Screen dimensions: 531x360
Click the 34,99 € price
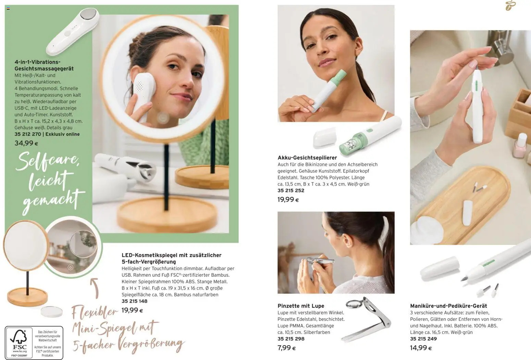tap(26, 143)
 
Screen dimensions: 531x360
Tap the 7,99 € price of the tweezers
tap(286, 348)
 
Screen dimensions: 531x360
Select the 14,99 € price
tap(421, 348)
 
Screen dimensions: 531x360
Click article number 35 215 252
tap(291, 190)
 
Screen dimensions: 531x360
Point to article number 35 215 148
tap(134, 301)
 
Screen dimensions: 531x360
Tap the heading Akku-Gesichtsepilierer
tap(307, 158)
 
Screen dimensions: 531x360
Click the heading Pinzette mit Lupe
tap(301, 306)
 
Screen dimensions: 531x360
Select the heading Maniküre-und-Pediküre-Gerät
tap(448, 306)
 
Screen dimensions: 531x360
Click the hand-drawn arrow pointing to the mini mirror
tap(95, 288)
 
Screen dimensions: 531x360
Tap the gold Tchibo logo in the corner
tap(510, 6)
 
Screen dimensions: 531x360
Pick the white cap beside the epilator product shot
tap(324, 137)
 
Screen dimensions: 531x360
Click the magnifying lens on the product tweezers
tap(354, 304)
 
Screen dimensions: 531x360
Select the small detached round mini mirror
tap(51, 312)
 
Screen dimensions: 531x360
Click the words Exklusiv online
tap(63, 134)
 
